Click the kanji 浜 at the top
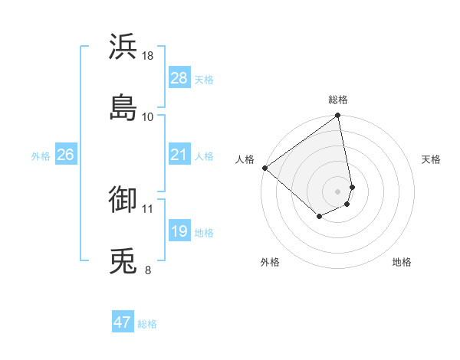[123, 47]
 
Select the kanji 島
[123, 108]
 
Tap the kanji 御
[123, 200]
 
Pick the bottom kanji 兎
[123, 261]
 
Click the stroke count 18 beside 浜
[148, 55]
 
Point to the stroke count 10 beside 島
[148, 116]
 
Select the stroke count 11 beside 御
[148, 208]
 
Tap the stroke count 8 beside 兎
[148, 270]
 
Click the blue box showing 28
[179, 78]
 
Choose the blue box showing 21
[179, 155]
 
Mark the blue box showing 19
[179, 231]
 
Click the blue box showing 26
[65, 155]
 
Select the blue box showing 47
[123, 322]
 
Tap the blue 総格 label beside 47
[147, 324]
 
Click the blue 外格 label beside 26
[41, 156]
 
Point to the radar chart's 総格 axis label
[338, 100]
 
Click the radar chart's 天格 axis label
[431, 159]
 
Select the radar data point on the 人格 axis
[264, 168]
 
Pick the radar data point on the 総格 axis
[338, 116]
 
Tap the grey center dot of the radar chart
[338, 191]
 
